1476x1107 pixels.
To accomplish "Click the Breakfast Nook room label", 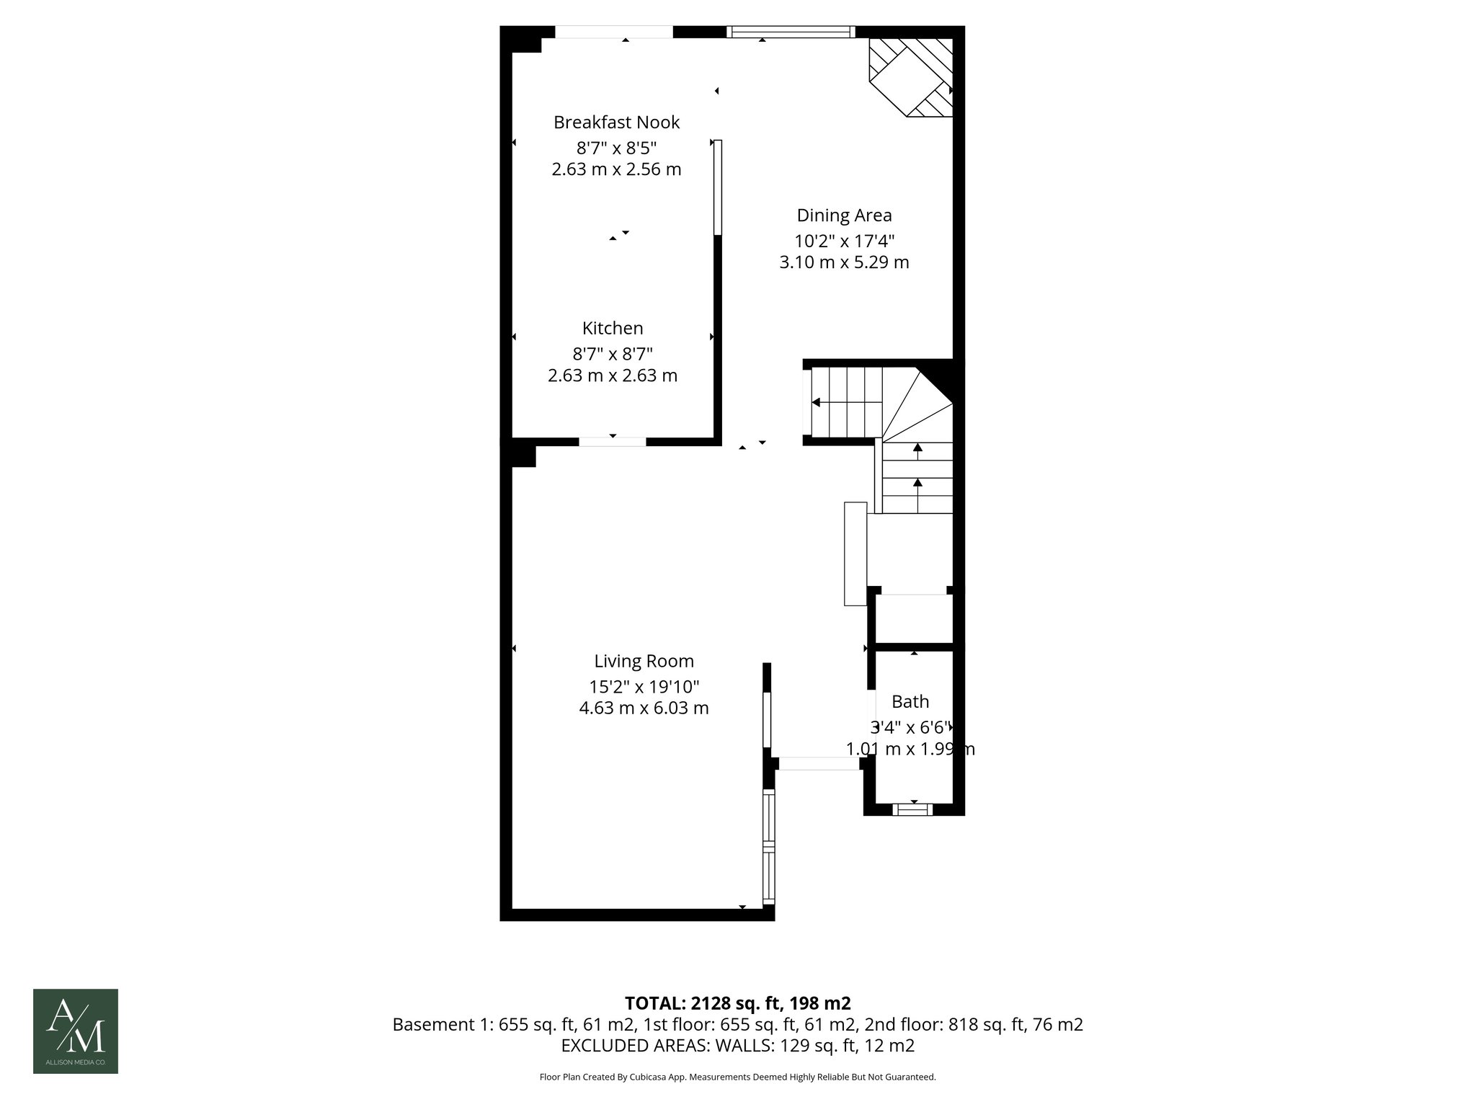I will [616, 123].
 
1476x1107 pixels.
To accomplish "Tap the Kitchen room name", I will [613, 329].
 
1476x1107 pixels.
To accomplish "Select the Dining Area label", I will [844, 215].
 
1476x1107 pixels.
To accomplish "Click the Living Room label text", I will [644, 661].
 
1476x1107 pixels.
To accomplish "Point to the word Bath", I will [910, 701].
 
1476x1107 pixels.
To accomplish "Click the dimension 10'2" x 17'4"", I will [844, 241].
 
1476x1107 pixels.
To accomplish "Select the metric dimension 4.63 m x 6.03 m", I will [644, 708].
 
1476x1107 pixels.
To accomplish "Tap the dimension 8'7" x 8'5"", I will [616, 148].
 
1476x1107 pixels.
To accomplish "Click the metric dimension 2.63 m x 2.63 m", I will [613, 375].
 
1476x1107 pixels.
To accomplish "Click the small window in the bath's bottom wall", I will [912, 809].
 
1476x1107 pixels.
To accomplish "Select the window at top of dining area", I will [791, 32].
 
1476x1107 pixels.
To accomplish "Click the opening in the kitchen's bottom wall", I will [613, 441].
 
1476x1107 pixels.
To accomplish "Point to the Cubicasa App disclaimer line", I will [737, 1077].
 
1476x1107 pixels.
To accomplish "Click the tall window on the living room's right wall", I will [768, 847].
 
